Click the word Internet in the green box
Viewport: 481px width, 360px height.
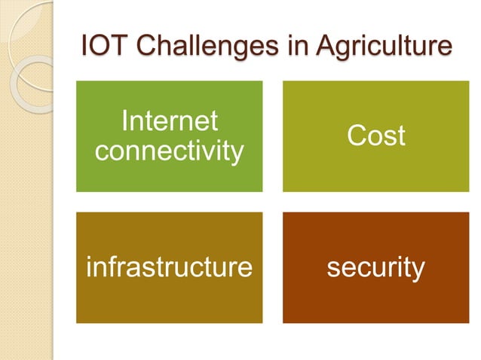(x=170, y=121)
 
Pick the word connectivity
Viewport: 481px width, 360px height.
(x=170, y=151)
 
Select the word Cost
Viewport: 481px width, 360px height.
(x=375, y=136)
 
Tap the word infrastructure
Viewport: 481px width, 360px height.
(x=170, y=267)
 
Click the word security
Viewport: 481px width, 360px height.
(x=375, y=267)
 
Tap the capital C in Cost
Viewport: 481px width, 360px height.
(x=357, y=136)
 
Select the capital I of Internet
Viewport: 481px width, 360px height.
(x=125, y=121)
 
